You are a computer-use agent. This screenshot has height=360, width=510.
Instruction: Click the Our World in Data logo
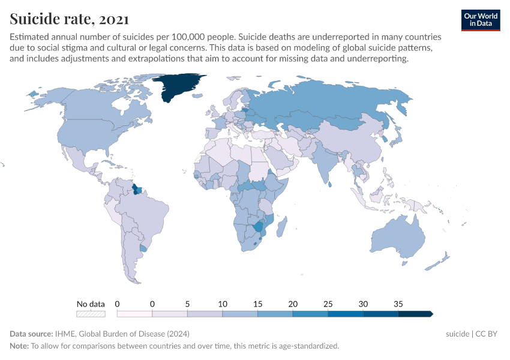click(x=480, y=20)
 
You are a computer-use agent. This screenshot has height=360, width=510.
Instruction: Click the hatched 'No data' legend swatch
click(x=91, y=313)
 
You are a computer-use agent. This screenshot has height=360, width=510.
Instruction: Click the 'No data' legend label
click(x=91, y=304)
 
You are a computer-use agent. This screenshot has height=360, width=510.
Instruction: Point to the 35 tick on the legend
click(x=398, y=304)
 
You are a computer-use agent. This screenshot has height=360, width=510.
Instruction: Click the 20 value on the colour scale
click(x=293, y=304)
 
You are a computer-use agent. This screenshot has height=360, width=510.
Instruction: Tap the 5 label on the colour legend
click(x=187, y=304)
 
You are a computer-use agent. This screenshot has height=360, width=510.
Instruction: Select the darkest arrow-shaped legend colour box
click(x=415, y=313)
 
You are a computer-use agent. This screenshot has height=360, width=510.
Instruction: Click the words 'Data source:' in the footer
click(x=31, y=334)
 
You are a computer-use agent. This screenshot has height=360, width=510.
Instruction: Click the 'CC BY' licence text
click(x=488, y=334)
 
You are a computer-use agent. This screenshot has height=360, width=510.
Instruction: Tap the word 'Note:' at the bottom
click(x=19, y=346)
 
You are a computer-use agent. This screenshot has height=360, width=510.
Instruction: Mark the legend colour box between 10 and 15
click(x=240, y=313)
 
